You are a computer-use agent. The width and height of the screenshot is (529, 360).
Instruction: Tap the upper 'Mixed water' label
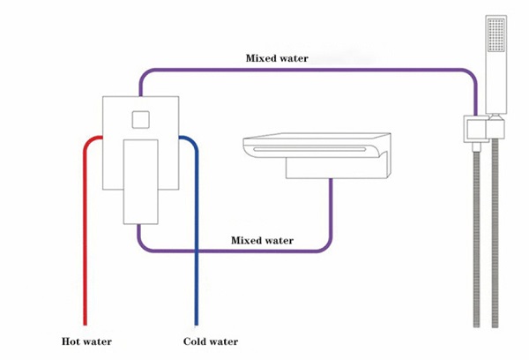pyautogui.click(x=277, y=59)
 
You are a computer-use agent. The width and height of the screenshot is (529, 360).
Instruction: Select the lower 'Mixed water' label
pyautogui.click(x=262, y=240)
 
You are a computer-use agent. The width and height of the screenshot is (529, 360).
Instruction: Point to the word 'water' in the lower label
pyautogui.click(x=279, y=240)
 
